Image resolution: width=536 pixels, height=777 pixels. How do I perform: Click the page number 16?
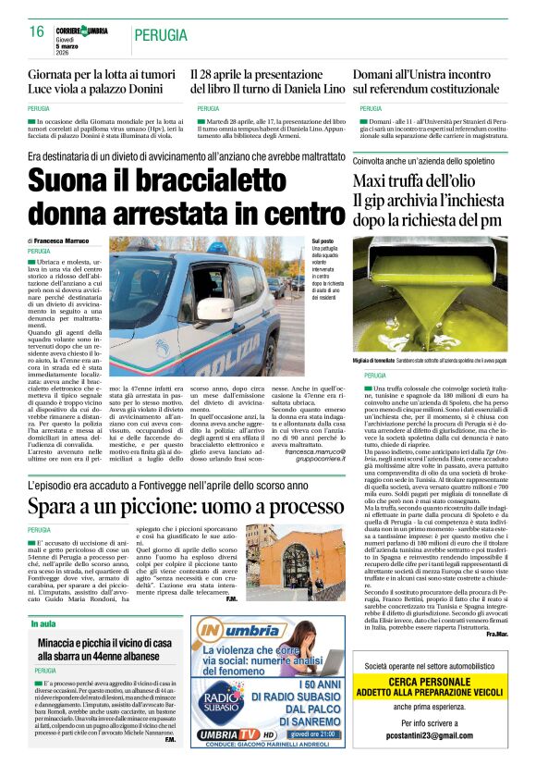click(37, 31)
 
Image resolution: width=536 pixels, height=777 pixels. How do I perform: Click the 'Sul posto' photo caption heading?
click(323, 240)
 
